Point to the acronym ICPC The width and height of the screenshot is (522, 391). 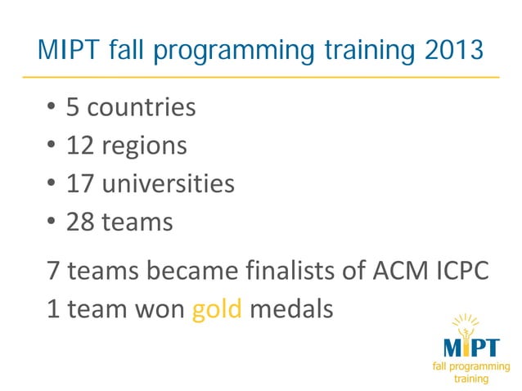[461, 270]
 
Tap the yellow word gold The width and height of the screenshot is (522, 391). [217, 309]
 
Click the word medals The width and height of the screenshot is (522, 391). [291, 309]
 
